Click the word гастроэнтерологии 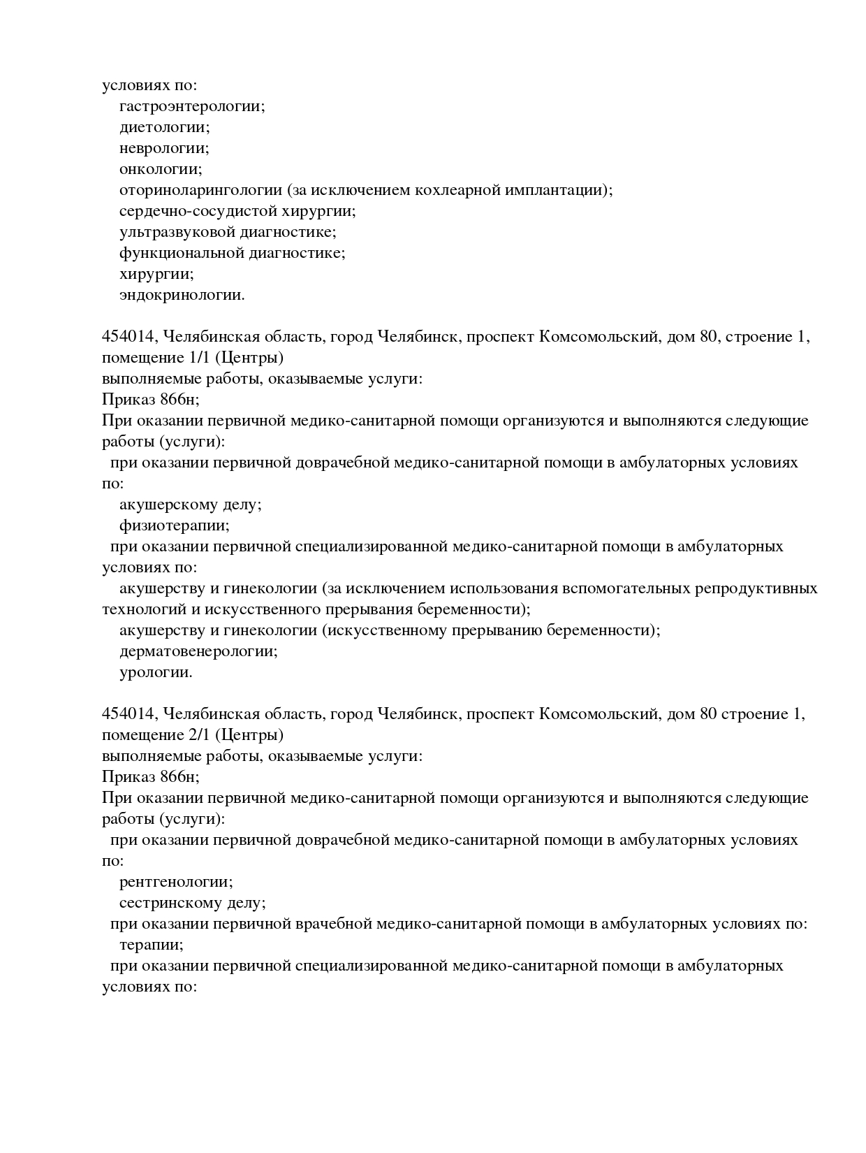point(191,106)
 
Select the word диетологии point(164,127)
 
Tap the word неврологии point(164,148)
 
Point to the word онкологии point(160,169)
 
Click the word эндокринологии point(182,295)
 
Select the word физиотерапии point(174,525)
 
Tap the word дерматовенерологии point(198,651)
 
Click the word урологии point(155,672)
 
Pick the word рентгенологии point(175,882)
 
